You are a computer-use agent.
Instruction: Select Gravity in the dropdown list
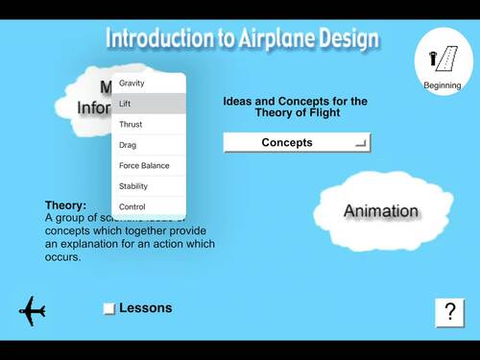click(x=132, y=83)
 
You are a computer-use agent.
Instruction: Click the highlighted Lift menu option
click(x=125, y=104)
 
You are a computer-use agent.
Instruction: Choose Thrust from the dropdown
click(x=131, y=125)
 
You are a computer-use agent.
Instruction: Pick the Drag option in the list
click(x=127, y=145)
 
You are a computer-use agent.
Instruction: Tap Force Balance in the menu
click(x=144, y=165)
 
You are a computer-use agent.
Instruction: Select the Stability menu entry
click(x=133, y=186)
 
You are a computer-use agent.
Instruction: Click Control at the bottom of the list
click(x=132, y=206)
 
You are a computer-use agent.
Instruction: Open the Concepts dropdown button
click(x=297, y=143)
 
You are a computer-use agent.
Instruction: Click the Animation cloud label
click(x=381, y=211)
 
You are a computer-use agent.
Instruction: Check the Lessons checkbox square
click(x=108, y=308)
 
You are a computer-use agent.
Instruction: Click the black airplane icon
click(x=33, y=311)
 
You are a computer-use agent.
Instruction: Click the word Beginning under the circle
click(x=443, y=86)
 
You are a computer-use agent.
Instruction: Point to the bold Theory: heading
click(x=65, y=204)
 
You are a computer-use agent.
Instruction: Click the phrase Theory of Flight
click(x=295, y=112)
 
